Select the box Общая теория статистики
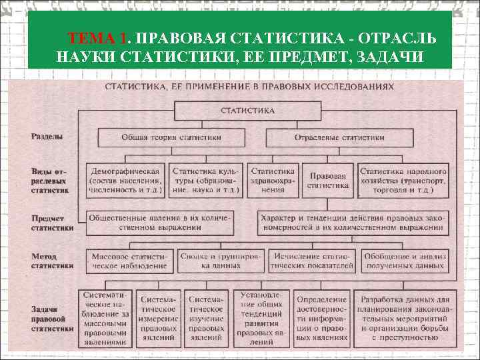(x=171, y=137)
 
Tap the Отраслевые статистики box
(x=339, y=137)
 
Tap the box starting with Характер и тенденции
(x=351, y=223)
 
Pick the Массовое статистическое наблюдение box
(x=131, y=261)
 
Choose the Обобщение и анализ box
(x=404, y=261)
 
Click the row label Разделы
(x=47, y=137)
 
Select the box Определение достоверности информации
(x=322, y=318)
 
